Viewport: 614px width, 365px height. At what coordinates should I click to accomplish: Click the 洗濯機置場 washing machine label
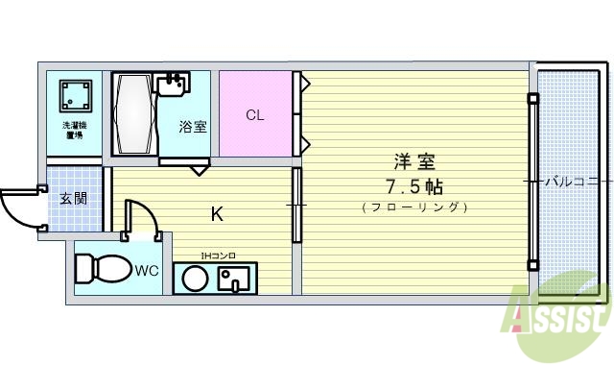click(73, 131)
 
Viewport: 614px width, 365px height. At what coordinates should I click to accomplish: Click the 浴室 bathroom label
click(192, 126)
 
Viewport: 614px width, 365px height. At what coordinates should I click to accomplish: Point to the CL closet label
click(254, 116)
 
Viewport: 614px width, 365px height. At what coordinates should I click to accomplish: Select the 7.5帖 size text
click(414, 184)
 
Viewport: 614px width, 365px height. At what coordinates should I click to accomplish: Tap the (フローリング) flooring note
click(414, 207)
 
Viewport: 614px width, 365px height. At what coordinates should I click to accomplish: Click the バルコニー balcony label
click(573, 181)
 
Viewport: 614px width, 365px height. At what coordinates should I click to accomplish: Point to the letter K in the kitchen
click(217, 213)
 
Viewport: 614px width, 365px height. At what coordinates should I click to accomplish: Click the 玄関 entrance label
click(73, 199)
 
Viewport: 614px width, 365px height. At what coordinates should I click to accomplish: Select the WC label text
click(146, 270)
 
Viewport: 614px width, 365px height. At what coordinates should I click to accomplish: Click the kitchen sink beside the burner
click(232, 279)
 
